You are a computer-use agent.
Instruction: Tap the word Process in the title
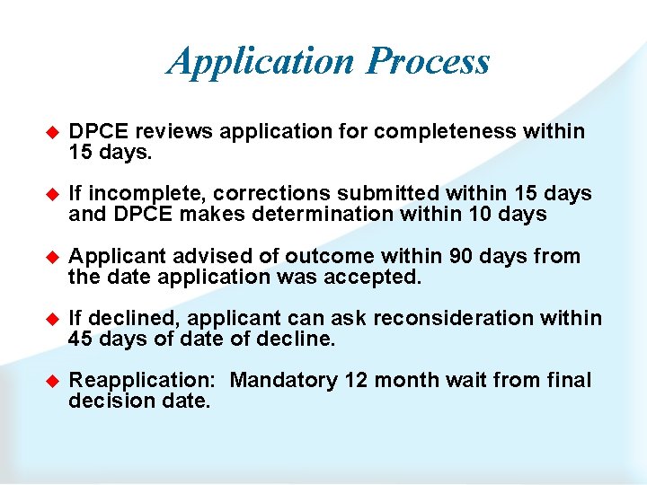point(429,62)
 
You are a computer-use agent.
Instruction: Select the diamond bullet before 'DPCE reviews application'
point(51,133)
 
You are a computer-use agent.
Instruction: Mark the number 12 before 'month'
point(356,381)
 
